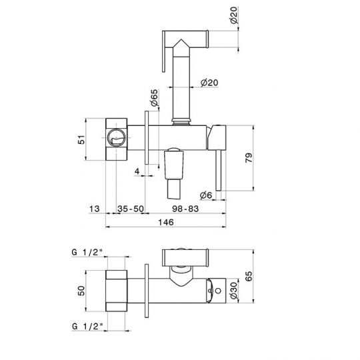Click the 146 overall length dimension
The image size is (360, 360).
[166, 222]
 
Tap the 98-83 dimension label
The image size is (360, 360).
[185, 209]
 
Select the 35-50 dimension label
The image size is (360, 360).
[131, 209]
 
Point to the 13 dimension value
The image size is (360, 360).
[95, 209]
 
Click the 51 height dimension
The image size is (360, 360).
[81, 139]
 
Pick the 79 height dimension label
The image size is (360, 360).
[249, 158]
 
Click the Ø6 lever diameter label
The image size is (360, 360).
[206, 195]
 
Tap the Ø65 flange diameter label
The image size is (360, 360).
[155, 98]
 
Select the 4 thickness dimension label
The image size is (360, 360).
[137, 171]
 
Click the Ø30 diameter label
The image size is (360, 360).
[234, 291]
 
